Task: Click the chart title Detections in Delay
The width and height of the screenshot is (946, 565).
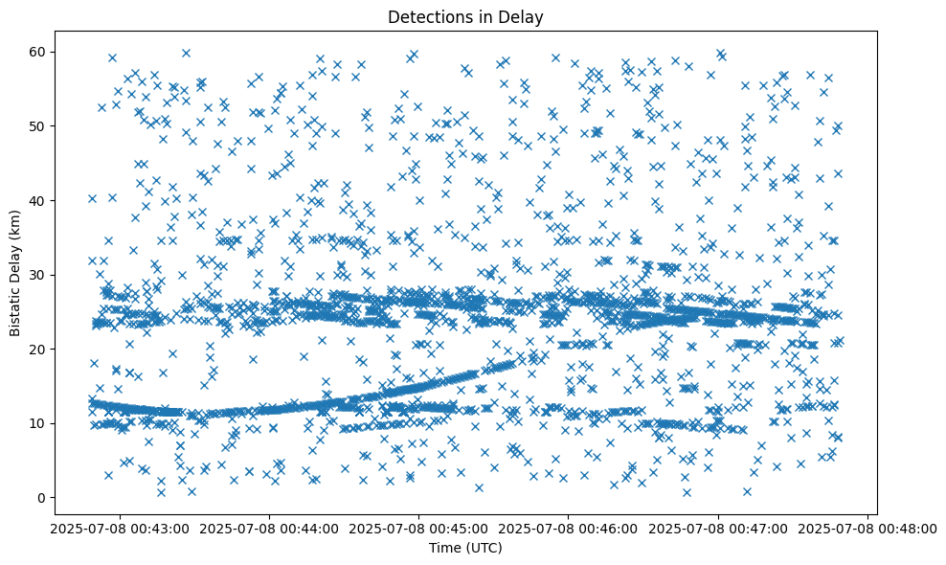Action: tap(464, 16)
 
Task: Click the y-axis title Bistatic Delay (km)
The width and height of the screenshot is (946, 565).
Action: tap(16, 272)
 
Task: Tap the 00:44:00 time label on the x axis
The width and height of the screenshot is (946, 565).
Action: tap(268, 528)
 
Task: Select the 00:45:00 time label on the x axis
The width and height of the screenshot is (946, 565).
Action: tap(418, 528)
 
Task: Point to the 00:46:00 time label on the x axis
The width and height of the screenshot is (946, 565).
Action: tap(569, 528)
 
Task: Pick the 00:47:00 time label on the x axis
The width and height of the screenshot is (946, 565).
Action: tap(719, 528)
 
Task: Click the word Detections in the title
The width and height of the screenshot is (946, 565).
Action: tap(426, 16)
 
